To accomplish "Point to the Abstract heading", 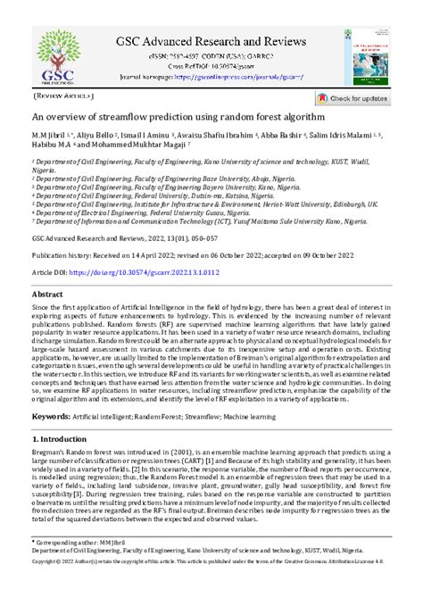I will coord(47,294).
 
